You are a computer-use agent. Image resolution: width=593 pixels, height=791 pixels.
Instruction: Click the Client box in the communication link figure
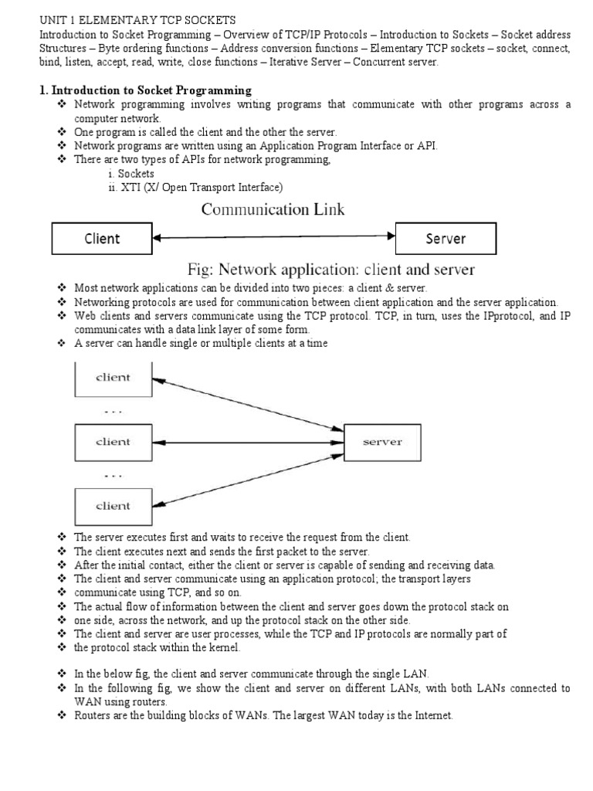(x=102, y=239)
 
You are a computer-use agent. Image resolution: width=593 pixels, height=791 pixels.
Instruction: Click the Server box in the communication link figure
(x=446, y=239)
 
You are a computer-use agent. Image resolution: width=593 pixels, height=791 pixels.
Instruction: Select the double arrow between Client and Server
(x=273, y=239)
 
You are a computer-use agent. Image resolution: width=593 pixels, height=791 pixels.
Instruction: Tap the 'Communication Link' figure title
(x=273, y=209)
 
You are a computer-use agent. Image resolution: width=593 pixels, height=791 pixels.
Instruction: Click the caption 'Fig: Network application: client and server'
(x=332, y=270)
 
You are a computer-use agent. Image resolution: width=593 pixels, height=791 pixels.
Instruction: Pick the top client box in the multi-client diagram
(x=113, y=378)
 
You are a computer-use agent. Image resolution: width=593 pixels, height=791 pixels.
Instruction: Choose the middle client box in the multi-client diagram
(x=113, y=443)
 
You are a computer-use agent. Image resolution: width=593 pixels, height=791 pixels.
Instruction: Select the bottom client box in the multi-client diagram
(x=113, y=507)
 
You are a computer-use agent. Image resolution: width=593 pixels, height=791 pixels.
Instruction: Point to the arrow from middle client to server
(x=247, y=443)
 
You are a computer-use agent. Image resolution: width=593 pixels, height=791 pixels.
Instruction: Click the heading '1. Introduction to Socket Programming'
(x=145, y=90)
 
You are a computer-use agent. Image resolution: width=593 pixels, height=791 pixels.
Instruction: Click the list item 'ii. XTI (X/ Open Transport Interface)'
(x=195, y=187)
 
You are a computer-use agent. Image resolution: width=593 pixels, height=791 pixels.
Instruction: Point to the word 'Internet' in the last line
(x=431, y=716)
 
